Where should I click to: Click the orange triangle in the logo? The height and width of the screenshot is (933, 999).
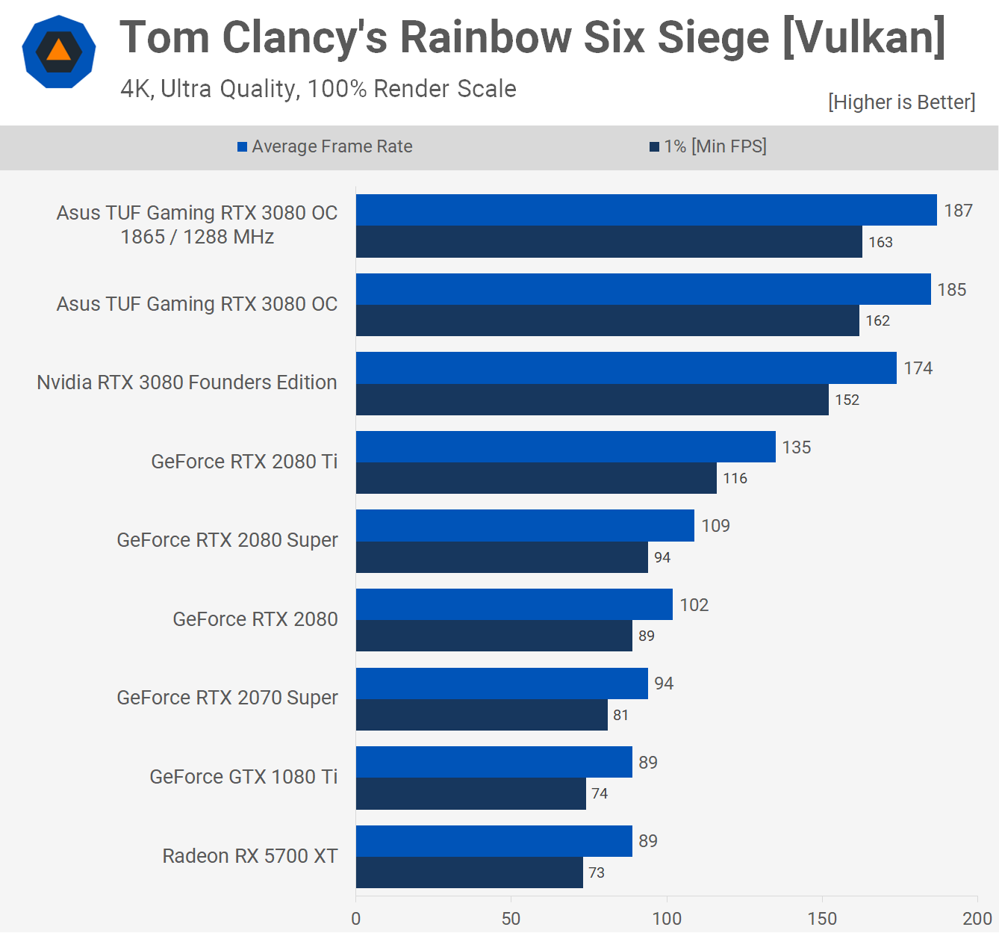coord(58,52)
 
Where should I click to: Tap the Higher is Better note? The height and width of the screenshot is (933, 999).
coord(901,102)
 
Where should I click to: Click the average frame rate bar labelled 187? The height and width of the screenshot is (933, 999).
coord(646,210)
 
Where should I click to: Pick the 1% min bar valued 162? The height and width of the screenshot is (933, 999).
coord(607,320)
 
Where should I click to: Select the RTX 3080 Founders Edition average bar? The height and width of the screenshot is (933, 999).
coord(626,368)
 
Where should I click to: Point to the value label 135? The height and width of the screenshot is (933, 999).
coord(796,447)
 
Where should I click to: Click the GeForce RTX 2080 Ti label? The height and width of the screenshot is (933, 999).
coord(244,462)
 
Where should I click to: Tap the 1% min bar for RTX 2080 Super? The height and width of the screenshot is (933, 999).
coord(502,557)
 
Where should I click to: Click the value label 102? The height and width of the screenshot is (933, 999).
coord(694,605)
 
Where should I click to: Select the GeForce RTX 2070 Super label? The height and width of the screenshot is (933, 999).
coord(227,698)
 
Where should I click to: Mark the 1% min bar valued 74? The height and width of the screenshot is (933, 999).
coord(470,793)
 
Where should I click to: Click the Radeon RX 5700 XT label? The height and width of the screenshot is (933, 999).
coord(250,856)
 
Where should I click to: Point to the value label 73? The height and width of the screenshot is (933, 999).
coord(596,872)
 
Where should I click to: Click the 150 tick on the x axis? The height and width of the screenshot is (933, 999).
coord(822,919)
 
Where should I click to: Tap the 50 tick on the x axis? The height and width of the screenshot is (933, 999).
coord(511,919)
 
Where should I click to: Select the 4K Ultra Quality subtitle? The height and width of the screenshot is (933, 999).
coord(318,89)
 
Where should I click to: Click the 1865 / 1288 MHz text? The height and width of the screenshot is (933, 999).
coord(197,237)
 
